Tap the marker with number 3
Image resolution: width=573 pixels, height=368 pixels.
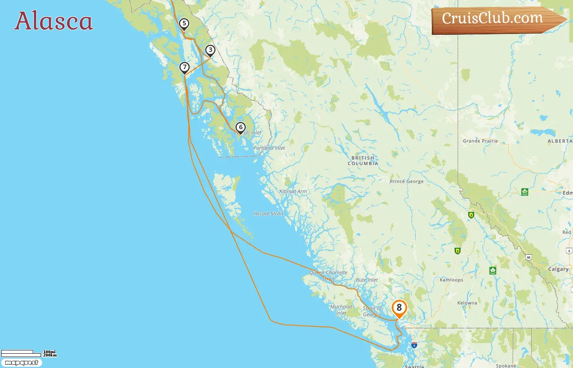(210, 50)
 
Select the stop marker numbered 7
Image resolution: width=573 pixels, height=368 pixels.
(185, 67)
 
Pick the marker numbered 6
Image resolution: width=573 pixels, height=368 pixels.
(241, 128)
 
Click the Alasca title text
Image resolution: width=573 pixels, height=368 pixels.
(54, 21)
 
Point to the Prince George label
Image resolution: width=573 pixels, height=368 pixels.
(406, 181)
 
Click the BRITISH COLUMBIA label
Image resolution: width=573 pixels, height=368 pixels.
(363, 161)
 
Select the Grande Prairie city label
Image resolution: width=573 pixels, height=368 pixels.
(480, 141)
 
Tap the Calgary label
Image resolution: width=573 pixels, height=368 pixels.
(558, 269)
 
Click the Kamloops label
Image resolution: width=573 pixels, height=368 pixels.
(451, 280)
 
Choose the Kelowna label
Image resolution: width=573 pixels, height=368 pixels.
(467, 303)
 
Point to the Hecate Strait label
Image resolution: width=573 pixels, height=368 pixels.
(268, 214)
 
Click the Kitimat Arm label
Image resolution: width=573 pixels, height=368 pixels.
(293, 191)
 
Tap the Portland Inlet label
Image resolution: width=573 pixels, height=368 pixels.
(269, 148)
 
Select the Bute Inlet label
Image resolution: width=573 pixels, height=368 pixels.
(367, 280)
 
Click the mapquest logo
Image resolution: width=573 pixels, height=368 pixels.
(21, 363)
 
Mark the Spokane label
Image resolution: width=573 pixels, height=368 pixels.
(506, 366)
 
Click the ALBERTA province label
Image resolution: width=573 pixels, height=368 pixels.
(560, 141)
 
